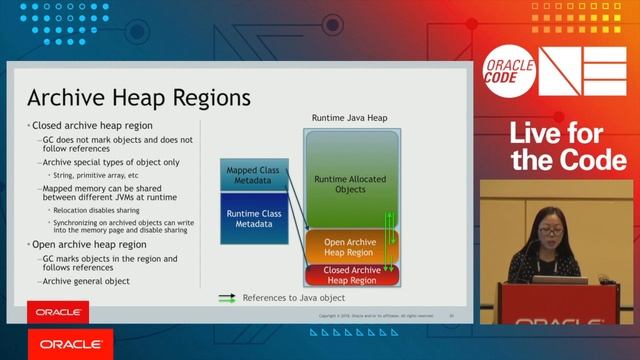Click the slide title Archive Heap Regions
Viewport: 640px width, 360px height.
point(139,99)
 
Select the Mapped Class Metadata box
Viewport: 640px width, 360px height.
point(252,175)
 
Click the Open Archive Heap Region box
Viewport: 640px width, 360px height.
point(350,247)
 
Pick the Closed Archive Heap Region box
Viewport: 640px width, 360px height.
point(350,274)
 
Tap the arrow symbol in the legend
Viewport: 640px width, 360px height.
point(227,298)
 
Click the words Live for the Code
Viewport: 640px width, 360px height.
point(568,146)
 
